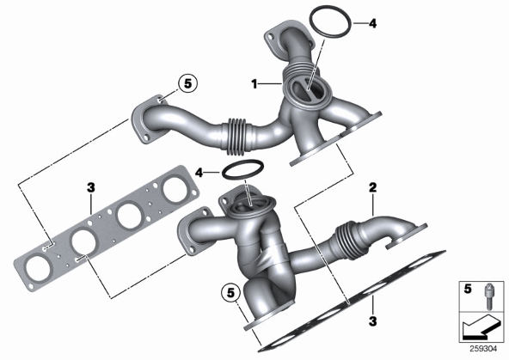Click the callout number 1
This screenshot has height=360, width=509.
[x=254, y=84]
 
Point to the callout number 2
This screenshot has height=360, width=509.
[x=372, y=187]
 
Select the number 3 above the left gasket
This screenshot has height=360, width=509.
[x=91, y=187]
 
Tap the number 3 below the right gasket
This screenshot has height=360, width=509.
[x=372, y=321]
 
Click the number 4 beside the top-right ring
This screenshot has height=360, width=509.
[x=372, y=23]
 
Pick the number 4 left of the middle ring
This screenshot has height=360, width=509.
[x=199, y=173]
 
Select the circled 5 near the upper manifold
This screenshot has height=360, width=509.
[x=188, y=83]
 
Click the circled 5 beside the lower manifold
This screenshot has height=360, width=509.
[x=230, y=293]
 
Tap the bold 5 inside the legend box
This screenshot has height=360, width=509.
[x=468, y=289]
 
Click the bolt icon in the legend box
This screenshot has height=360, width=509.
[x=488, y=296]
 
